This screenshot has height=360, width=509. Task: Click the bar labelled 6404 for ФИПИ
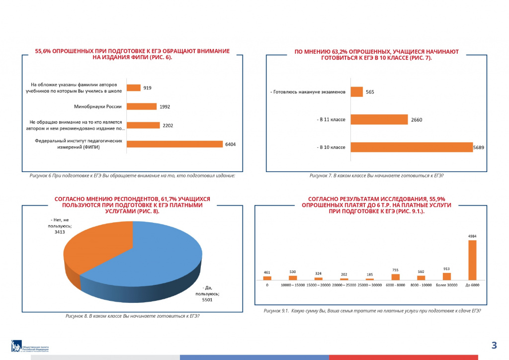point(174,144)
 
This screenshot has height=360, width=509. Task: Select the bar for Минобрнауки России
point(142,106)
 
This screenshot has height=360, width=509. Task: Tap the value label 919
point(147,88)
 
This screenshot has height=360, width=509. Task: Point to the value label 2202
point(168,125)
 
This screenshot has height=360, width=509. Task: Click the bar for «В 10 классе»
point(411,147)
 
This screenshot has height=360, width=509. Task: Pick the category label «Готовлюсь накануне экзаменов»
point(308,92)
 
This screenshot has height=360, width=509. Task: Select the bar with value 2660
point(379,119)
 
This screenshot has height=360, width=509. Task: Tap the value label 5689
point(479,147)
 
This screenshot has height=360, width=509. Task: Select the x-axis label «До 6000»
point(472,285)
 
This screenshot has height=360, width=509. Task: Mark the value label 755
point(395,270)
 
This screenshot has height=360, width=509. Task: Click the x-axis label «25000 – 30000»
point(370,285)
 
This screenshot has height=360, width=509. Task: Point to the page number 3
point(494,345)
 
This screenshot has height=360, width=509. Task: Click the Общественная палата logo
point(30,346)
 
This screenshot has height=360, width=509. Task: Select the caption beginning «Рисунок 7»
point(376,176)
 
